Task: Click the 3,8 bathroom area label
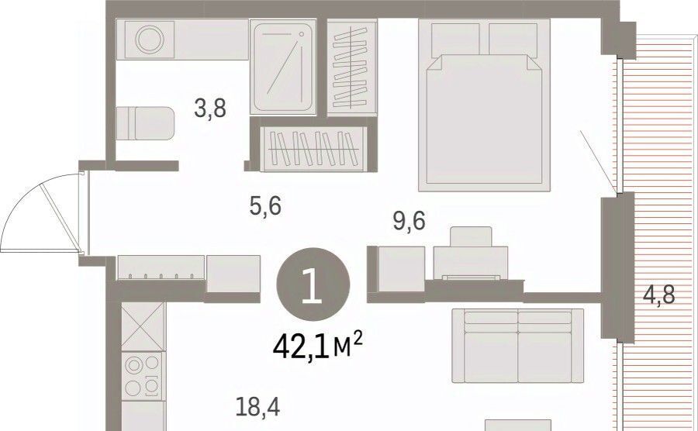[x=210, y=109]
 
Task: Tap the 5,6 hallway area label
[x=265, y=206]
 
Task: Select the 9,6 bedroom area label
[x=409, y=221]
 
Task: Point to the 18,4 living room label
[x=257, y=408]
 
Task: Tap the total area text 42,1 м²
[x=318, y=346]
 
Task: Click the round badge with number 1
[x=313, y=285]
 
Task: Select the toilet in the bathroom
[x=145, y=124]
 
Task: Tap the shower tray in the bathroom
[x=283, y=67]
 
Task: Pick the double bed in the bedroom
[x=485, y=105]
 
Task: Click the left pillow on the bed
[x=455, y=39]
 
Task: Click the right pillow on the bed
[x=513, y=39]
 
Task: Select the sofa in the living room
[x=518, y=346]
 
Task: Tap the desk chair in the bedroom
[x=471, y=236]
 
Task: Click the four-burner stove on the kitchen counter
[x=143, y=375]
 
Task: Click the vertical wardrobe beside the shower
[x=351, y=67]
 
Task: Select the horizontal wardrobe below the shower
[x=315, y=148]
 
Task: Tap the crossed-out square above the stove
[x=143, y=327]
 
